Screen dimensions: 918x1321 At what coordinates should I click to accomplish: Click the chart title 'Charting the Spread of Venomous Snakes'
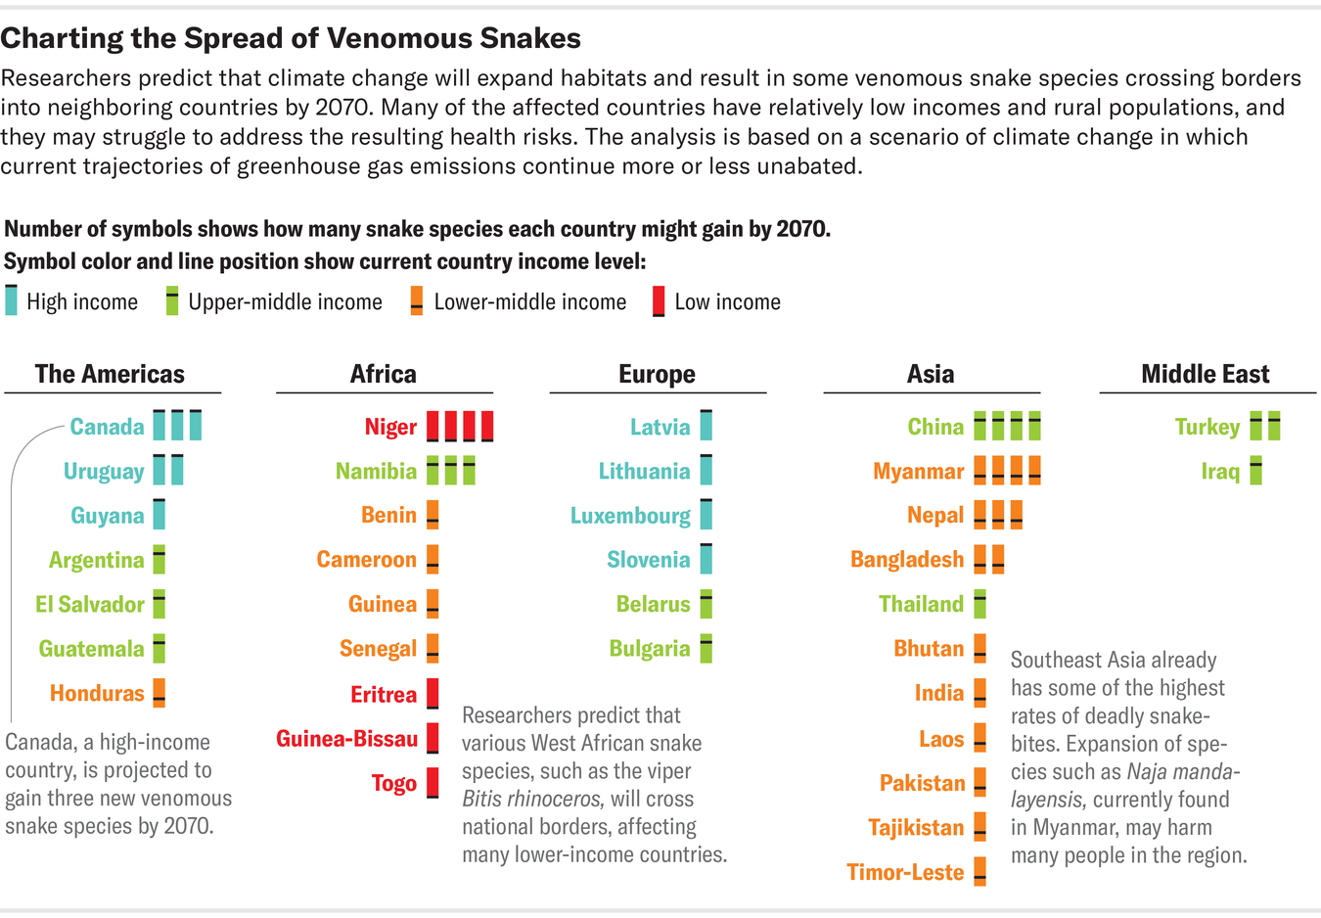[x=291, y=38]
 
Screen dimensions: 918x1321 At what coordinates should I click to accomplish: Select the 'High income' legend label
[x=82, y=301]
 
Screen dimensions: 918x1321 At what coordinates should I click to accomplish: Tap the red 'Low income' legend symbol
[x=659, y=301]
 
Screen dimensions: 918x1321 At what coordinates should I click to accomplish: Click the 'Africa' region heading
[x=384, y=374]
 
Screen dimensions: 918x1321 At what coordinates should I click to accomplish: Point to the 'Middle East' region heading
[x=1205, y=374]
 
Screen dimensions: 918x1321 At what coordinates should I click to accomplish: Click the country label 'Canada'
[x=107, y=427]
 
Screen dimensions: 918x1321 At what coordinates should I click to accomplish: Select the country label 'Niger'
[x=390, y=427]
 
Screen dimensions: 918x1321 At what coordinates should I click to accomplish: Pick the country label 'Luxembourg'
[x=630, y=516]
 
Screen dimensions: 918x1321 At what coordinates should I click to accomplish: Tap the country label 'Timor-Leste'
[x=905, y=872]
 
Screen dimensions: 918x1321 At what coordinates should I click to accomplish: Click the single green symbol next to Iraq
[x=1255, y=471]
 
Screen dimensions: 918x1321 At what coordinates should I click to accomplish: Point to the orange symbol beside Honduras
[x=159, y=693]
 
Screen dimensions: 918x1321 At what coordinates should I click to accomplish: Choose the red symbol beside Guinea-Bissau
[x=433, y=738]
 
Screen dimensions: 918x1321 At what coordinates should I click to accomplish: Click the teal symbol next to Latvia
[x=706, y=426]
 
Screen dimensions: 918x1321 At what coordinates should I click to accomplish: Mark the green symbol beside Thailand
[x=979, y=604]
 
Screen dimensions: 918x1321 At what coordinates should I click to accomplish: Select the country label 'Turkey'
[x=1207, y=427]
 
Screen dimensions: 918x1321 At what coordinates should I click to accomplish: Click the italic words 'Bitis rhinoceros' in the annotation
[x=529, y=799]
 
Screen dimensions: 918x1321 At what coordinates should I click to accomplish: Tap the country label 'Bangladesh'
[x=907, y=559]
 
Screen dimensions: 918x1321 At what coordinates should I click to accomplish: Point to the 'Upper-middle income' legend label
[x=285, y=301]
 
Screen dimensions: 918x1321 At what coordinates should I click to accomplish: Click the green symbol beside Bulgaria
[x=706, y=648]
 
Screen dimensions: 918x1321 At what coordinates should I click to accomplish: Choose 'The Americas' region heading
[x=110, y=374]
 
